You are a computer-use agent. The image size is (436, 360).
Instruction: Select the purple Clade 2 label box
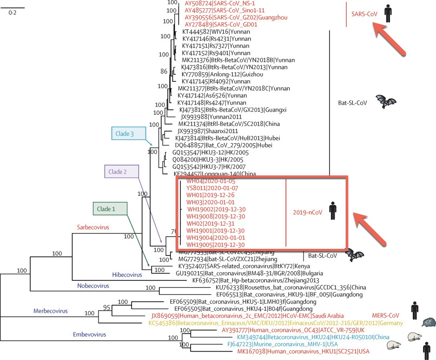121,172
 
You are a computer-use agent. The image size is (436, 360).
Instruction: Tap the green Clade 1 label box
110,209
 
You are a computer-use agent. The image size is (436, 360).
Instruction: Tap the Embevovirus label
89,333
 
